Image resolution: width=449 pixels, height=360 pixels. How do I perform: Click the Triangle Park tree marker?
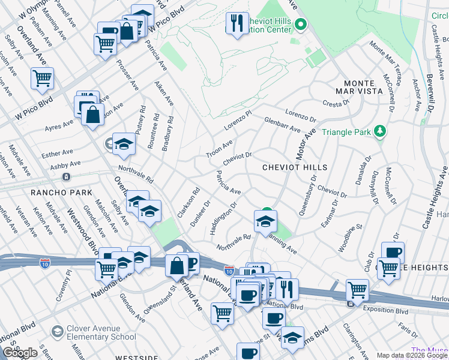379,131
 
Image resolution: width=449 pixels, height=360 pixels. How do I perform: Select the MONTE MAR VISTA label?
363,89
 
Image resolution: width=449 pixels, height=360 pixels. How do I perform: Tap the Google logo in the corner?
20,353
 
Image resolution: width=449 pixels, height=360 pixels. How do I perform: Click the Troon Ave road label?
219,148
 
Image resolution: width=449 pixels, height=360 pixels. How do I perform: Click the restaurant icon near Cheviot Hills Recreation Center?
237,23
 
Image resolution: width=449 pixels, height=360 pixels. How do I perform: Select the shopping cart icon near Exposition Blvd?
357,290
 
